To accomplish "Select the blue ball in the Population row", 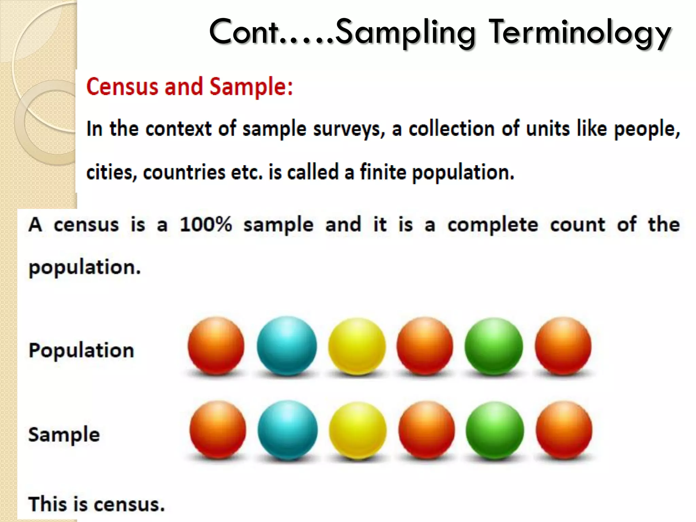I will (x=286, y=346).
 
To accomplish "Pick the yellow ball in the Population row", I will (x=357, y=346).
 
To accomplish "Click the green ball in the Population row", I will (x=493, y=346).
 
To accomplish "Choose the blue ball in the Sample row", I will (x=288, y=430).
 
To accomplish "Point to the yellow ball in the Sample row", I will (x=358, y=430).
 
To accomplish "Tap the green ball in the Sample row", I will (x=494, y=430).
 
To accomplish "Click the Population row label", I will (x=82, y=350).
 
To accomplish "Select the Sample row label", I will (x=64, y=434).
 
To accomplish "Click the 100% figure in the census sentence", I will (x=206, y=225).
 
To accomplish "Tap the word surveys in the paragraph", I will (x=349, y=129).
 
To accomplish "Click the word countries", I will (x=184, y=172).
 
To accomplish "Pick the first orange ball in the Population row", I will (x=216, y=346).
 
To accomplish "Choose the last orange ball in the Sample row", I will (x=564, y=430).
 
